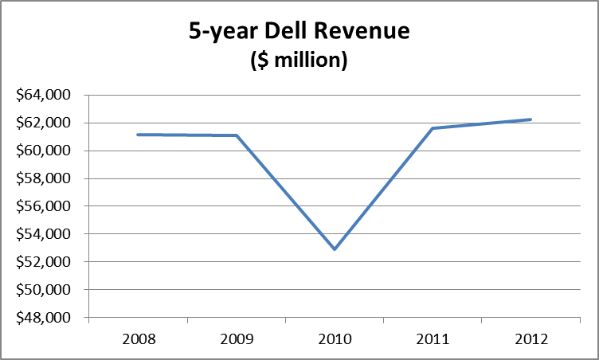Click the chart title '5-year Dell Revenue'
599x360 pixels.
coord(299,31)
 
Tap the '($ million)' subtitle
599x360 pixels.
coord(299,61)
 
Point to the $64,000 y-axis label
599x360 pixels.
coord(45,96)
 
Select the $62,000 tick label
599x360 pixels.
coord(45,123)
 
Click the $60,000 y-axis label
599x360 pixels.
coord(45,151)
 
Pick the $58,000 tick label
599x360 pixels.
coord(45,179)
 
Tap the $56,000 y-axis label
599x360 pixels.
coord(45,207)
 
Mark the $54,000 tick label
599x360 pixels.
coord(45,235)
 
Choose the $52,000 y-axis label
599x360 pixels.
coord(45,263)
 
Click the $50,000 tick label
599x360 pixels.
coord(45,291)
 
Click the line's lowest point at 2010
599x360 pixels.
coord(335,249)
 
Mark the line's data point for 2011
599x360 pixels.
coord(433,128)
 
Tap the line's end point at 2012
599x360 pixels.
coord(530,119)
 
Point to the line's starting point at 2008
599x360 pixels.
coord(138,135)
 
